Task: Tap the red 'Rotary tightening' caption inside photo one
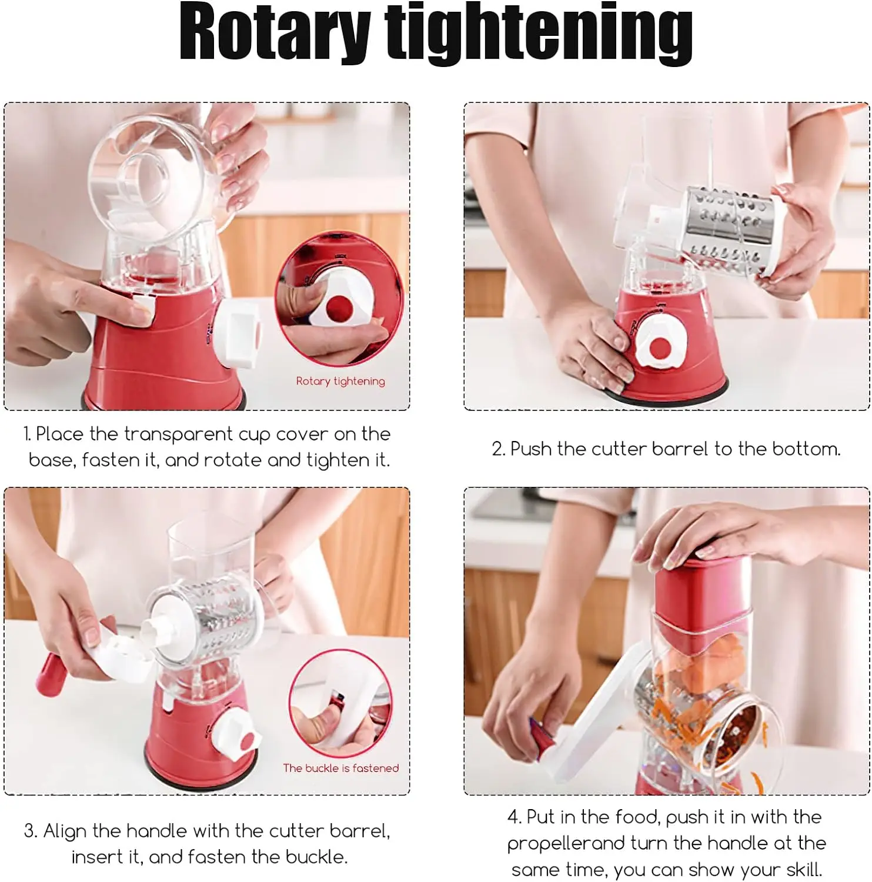(x=340, y=381)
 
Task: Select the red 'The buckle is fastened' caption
(x=340, y=768)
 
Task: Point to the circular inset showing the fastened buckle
(x=340, y=703)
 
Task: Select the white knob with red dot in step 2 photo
(x=661, y=348)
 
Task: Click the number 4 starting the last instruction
(x=513, y=817)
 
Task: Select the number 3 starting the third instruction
(x=29, y=831)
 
